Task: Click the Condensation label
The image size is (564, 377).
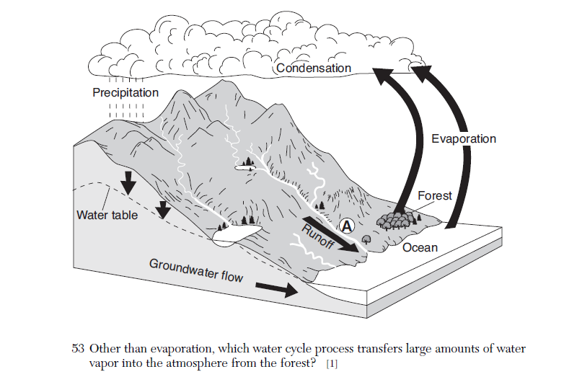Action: (313, 68)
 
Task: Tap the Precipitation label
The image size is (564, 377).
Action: (125, 93)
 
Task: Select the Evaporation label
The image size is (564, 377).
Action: (464, 138)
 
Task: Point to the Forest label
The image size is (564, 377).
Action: (435, 195)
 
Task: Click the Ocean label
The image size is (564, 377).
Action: (420, 248)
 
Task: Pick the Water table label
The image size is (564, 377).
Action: (107, 215)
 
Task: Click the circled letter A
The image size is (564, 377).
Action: (348, 226)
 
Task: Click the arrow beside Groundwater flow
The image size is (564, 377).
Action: (276, 289)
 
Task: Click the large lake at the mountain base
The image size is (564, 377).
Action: (234, 233)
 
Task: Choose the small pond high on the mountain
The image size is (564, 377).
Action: (245, 167)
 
